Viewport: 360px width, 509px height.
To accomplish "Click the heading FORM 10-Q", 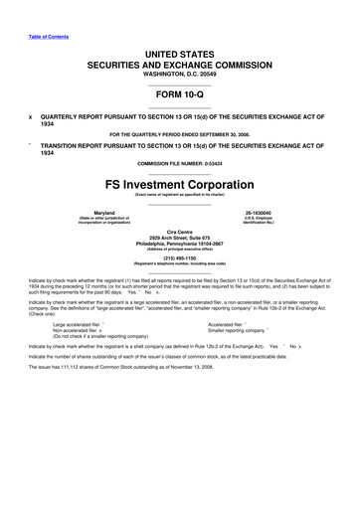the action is click(179, 98).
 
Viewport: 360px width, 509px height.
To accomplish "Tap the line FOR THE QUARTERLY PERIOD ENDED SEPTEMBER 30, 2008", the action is click(179, 132).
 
